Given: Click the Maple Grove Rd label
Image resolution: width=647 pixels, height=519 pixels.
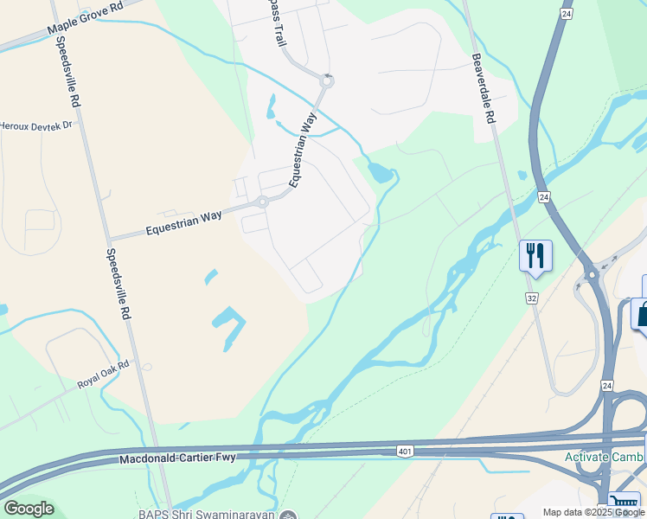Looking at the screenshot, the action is click(x=86, y=17).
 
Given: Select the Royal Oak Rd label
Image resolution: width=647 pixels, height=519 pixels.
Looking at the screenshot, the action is click(x=102, y=372).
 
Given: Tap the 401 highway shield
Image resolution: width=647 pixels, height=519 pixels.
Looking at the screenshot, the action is click(x=405, y=451).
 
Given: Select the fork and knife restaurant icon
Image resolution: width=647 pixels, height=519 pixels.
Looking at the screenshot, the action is click(x=535, y=255).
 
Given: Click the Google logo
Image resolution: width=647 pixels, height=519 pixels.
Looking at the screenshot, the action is click(x=28, y=508).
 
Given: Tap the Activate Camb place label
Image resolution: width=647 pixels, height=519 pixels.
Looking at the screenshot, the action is click(x=604, y=457).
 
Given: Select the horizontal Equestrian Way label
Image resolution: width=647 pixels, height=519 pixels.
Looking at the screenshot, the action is click(x=183, y=224).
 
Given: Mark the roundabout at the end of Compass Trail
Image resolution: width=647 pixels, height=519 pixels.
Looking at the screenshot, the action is click(x=326, y=82).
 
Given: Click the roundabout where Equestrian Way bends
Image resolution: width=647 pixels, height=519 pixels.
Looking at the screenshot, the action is click(x=261, y=203).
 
